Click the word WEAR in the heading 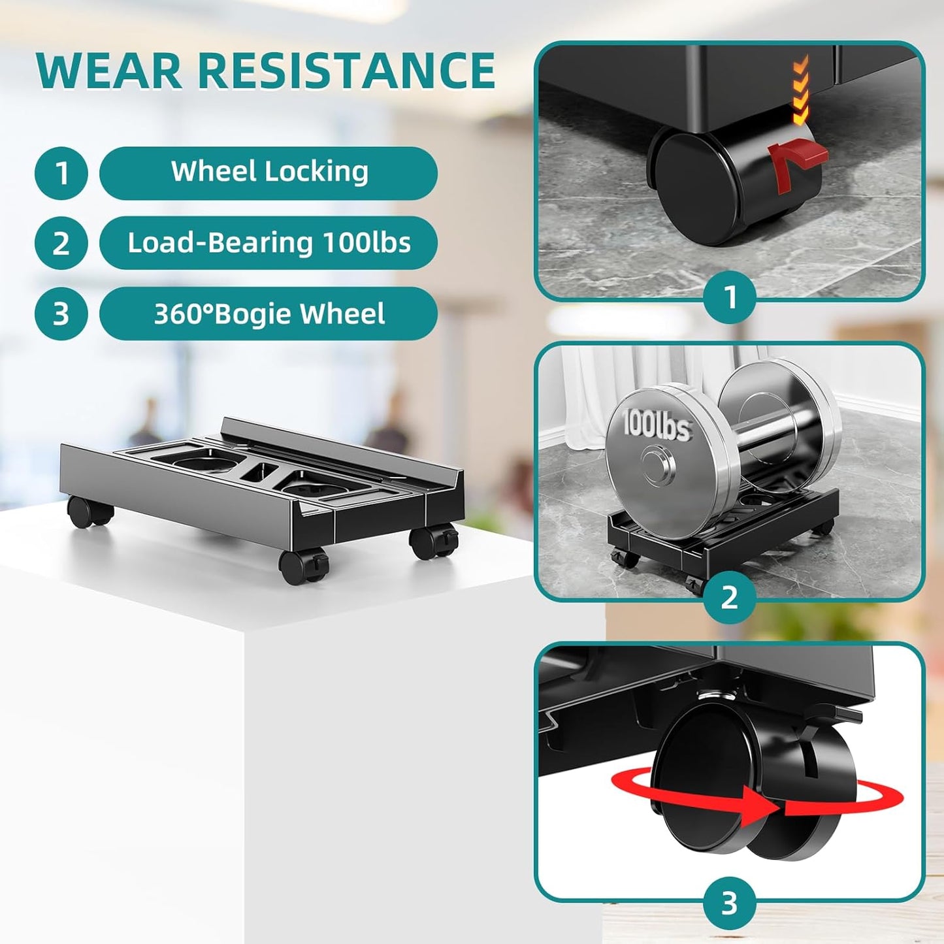point(109,71)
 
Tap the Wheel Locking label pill point(269,173)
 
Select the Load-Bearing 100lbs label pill point(269,243)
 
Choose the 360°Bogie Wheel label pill point(269,314)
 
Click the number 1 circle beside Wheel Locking point(61,173)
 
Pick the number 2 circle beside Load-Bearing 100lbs point(61,243)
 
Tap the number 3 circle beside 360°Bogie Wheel point(61,314)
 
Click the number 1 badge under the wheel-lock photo point(730,297)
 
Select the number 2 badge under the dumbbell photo point(730,598)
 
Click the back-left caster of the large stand point(87,512)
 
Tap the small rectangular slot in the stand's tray point(259,472)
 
